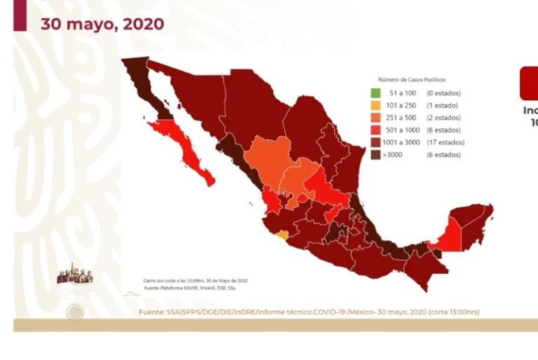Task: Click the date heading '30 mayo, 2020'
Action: click(102, 24)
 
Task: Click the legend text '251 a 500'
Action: click(401, 118)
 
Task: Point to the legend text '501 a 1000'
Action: click(403, 130)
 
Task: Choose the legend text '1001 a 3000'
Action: click(404, 142)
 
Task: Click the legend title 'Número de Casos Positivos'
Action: click(412, 80)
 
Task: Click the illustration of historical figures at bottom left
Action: click(74, 275)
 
